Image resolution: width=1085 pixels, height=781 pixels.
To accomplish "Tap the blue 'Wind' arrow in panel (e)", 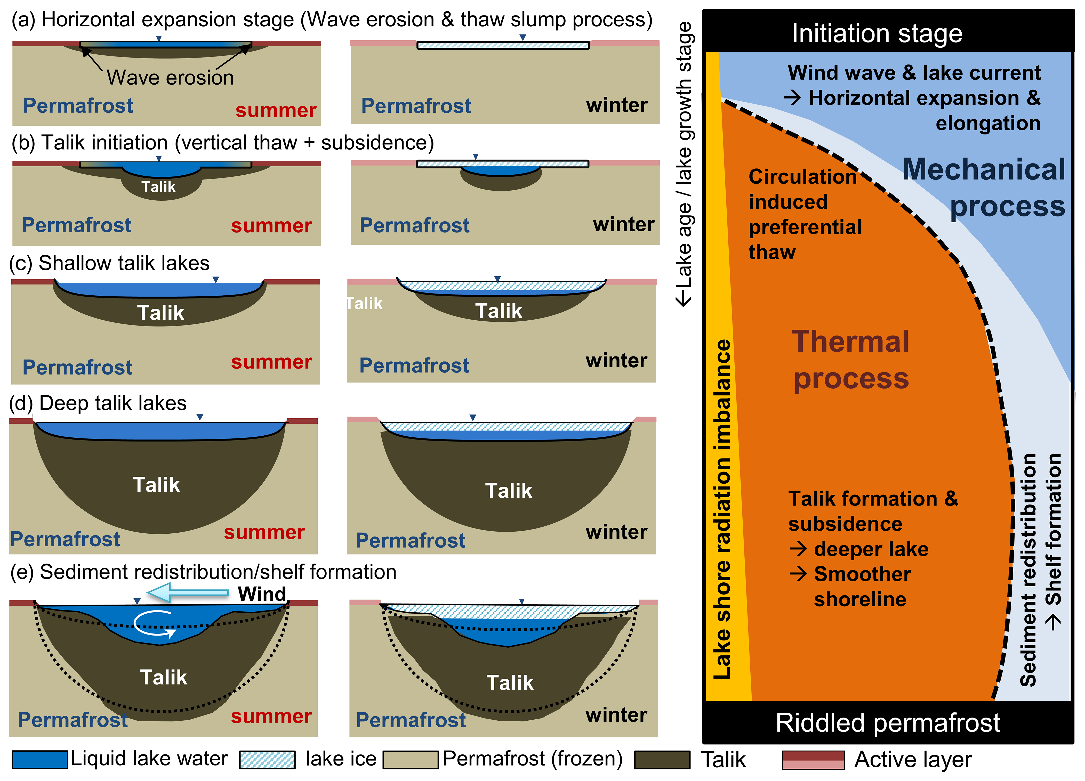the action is click(188, 592).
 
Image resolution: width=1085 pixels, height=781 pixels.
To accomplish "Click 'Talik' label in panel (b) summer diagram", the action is click(158, 186).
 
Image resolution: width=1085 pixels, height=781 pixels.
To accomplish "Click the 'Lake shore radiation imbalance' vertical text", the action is click(722, 509).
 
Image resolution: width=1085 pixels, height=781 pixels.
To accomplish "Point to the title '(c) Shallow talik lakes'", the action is click(110, 263).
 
